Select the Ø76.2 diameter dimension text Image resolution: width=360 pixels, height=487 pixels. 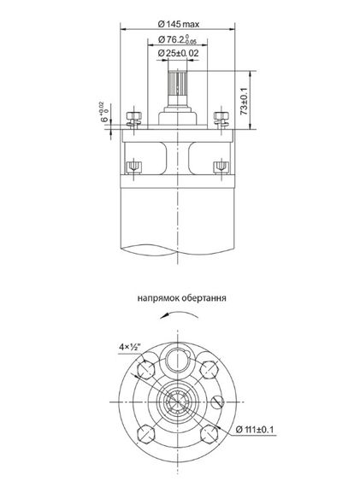(x=174, y=38)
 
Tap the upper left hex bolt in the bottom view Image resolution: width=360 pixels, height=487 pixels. (x=145, y=369)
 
